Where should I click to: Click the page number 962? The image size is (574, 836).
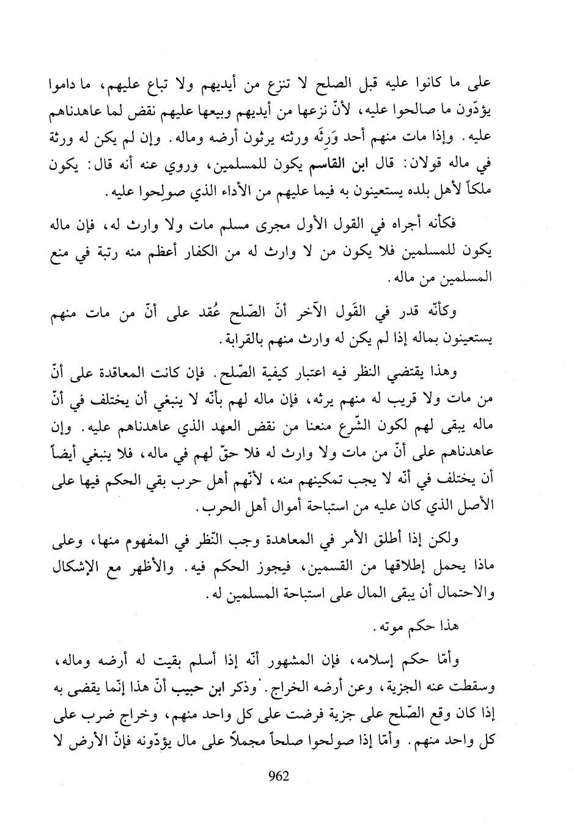click(278, 777)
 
